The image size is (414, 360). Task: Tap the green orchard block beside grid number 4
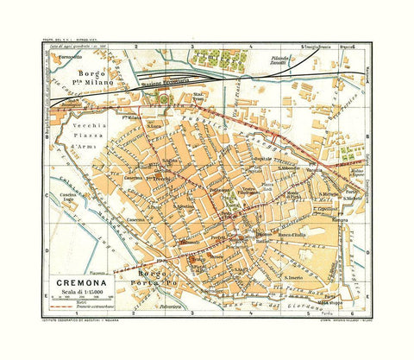[x=216, y=60]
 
